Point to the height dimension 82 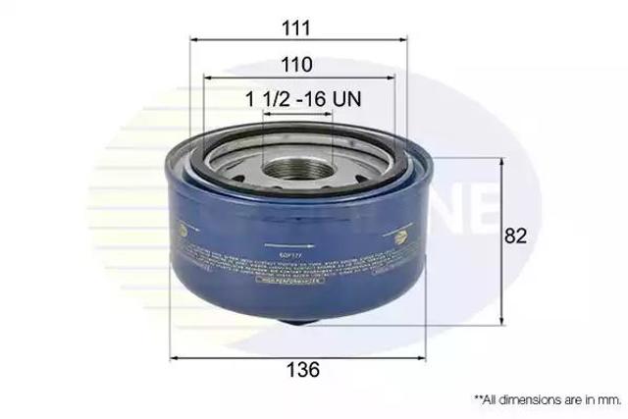click(x=516, y=236)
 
